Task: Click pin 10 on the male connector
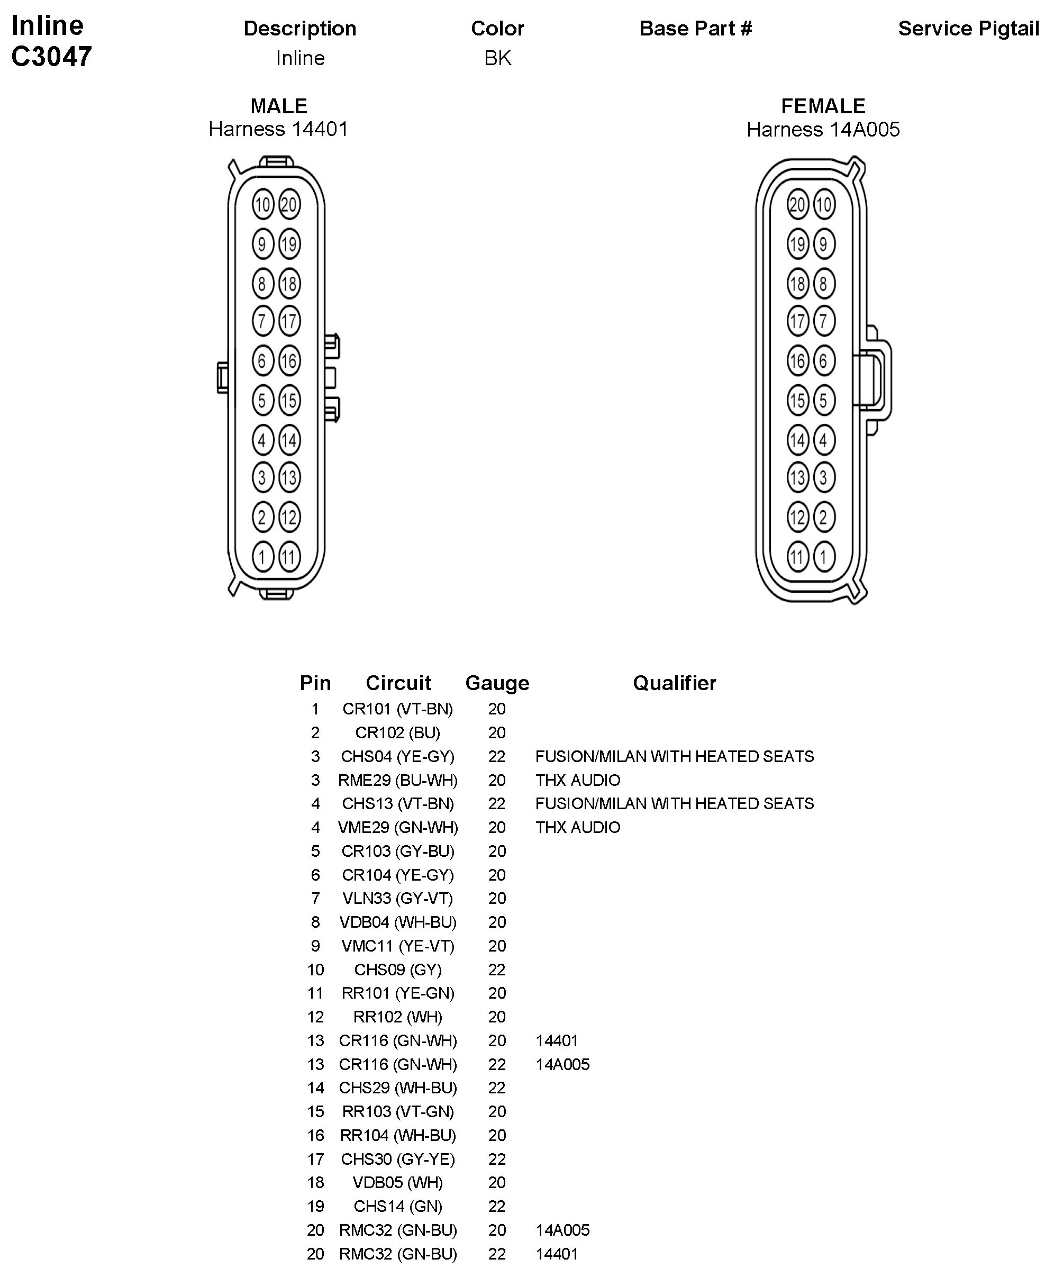pyautogui.click(x=262, y=205)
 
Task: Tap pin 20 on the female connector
pyautogui.click(x=797, y=205)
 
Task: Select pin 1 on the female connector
pyautogui.click(x=824, y=557)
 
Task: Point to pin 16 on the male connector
pyautogui.click(x=289, y=361)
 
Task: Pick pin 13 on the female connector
pyautogui.click(x=797, y=478)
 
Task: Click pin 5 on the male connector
pyautogui.click(x=262, y=401)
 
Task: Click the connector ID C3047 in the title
pyautogui.click(x=52, y=57)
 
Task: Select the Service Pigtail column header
pyautogui.click(x=968, y=29)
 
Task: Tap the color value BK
pyautogui.click(x=497, y=58)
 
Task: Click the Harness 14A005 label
pyautogui.click(x=823, y=129)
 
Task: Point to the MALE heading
pyautogui.click(x=279, y=106)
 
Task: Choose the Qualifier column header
pyautogui.click(x=674, y=683)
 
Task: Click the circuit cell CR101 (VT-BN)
pyautogui.click(x=398, y=709)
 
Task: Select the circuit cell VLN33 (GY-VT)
pyautogui.click(x=398, y=898)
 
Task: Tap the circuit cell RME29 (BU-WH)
pyautogui.click(x=398, y=780)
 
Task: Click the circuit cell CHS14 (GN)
pyautogui.click(x=398, y=1206)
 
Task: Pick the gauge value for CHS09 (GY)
pyautogui.click(x=497, y=970)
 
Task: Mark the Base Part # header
pyautogui.click(x=696, y=29)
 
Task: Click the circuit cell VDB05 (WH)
pyautogui.click(x=398, y=1182)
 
